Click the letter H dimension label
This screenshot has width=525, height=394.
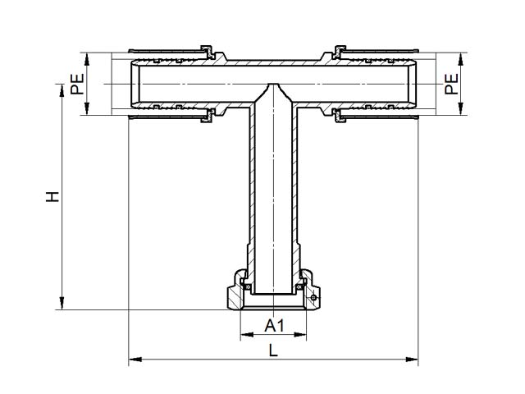tap(52, 197)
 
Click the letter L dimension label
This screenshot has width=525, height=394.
tap(273, 350)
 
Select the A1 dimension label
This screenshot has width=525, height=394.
tap(274, 325)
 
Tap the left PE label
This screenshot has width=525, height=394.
tap(77, 84)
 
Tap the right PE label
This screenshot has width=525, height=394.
tap(451, 84)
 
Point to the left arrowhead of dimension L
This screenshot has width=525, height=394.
tap(135, 360)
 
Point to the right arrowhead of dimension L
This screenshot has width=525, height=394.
tap(412, 360)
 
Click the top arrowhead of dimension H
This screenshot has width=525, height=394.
tap(62, 90)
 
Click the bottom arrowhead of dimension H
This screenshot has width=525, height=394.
tap(62, 303)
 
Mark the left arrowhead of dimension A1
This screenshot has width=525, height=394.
tap(247, 334)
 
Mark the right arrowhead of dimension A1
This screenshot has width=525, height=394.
tap(300, 334)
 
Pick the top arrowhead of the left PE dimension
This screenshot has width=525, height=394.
tap(87, 59)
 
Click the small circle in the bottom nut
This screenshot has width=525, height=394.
tap(313, 297)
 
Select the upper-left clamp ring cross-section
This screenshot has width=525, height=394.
tap(208, 51)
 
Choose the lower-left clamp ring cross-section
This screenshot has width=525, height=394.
tap(208, 116)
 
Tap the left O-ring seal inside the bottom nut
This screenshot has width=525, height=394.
tap(248, 287)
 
